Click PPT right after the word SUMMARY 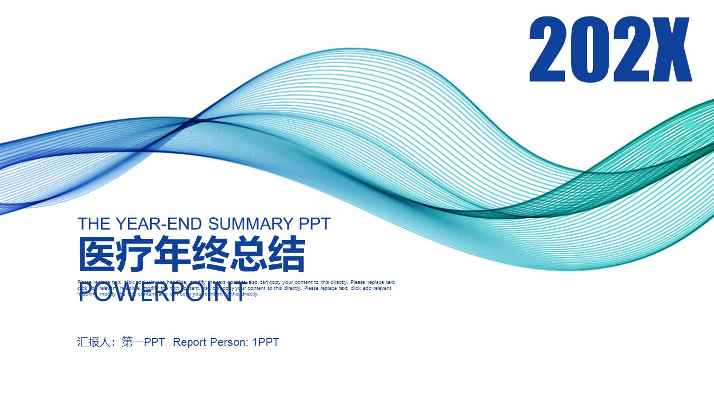pos(315,224)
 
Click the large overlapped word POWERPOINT pos(162,293)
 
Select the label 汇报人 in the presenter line pos(96,342)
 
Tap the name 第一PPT pos(143,342)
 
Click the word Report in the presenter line pos(190,342)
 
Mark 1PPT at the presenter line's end pos(266,342)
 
